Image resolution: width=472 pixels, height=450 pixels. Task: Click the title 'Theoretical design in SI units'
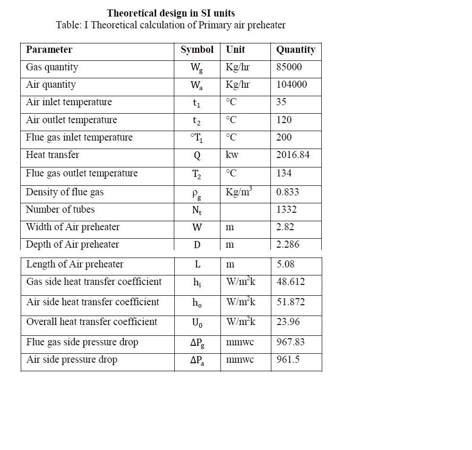[171, 13]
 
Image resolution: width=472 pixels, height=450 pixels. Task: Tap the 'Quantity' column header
[295, 50]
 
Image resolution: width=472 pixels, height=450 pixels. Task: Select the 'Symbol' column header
[197, 50]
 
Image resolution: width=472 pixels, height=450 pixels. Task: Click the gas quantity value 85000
[289, 67]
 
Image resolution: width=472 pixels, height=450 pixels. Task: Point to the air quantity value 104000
[291, 84]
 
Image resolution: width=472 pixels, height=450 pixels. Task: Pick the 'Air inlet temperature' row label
[69, 102]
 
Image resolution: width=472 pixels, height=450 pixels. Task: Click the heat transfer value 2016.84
[293, 155]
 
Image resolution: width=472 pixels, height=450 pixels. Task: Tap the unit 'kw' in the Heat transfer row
[232, 155]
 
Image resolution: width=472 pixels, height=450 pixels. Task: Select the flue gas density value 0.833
[287, 192]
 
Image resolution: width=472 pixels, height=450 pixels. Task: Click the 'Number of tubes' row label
[60, 209]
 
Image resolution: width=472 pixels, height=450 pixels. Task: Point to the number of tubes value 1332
[286, 209]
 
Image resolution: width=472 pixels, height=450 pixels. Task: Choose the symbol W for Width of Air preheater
[197, 227]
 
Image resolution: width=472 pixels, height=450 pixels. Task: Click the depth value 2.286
[287, 244]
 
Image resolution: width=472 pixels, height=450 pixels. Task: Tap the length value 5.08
[285, 264]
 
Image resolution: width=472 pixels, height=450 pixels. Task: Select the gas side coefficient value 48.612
[291, 282]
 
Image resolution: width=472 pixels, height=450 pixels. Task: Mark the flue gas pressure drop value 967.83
[291, 342]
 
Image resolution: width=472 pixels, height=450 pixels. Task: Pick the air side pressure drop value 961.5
[288, 360]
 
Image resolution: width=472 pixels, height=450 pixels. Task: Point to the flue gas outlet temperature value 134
[284, 173]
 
